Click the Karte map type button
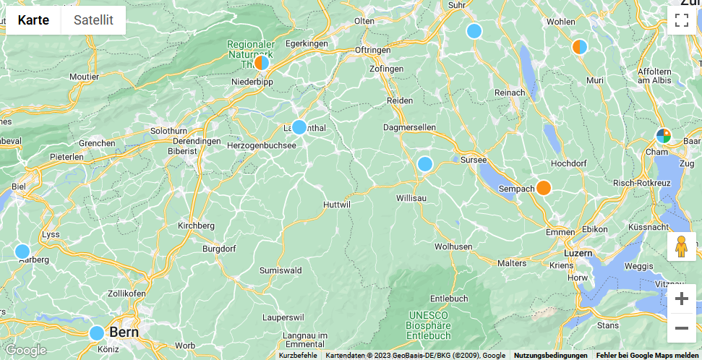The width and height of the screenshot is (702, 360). (34, 20)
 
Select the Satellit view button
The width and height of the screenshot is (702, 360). (93, 20)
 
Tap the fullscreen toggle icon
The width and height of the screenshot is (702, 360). (681, 20)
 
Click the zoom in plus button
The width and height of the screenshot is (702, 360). (681, 299)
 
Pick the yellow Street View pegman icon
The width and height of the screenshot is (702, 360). (681, 247)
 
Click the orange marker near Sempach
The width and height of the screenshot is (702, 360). (544, 188)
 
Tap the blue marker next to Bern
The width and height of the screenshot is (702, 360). (97, 333)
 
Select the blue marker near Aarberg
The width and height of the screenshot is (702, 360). (22, 252)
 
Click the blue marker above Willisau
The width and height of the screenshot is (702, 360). (425, 164)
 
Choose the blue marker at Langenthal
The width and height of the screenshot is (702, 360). (299, 127)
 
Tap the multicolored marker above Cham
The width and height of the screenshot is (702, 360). (663, 135)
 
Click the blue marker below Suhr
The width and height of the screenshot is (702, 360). (474, 31)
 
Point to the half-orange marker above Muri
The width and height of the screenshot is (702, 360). (580, 47)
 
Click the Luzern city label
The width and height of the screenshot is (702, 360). (578, 253)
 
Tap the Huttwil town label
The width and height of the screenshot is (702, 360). (337, 205)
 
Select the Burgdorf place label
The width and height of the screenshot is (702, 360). (220, 248)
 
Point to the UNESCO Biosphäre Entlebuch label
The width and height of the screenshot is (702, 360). (429, 325)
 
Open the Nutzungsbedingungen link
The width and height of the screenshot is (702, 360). (550, 355)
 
